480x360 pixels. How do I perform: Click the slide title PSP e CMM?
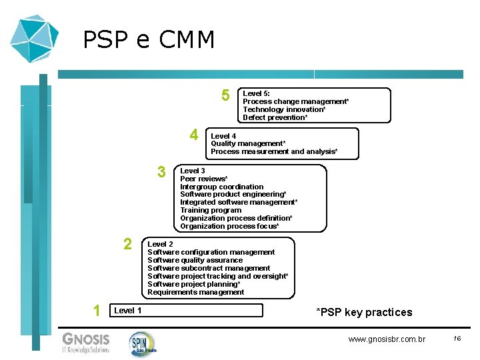tap(149, 41)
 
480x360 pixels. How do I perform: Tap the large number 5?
tap(226, 96)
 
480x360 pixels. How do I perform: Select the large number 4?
tap(194, 135)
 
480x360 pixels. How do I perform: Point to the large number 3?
tap(161, 173)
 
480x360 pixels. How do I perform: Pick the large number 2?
tap(127, 244)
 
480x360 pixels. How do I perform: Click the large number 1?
tap(97, 310)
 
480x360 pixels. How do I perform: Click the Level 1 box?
tap(186, 310)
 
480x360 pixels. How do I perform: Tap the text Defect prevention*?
tap(275, 117)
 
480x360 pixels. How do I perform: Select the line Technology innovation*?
tap(284, 109)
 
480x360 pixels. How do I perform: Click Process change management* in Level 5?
tap(295, 101)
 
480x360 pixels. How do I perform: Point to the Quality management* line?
tap(248, 143)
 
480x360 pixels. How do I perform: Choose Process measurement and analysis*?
tap(274, 151)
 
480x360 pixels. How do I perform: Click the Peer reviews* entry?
tap(204, 179)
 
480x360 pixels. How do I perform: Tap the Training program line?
tap(211, 210)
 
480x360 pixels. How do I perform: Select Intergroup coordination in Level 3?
tap(221, 187)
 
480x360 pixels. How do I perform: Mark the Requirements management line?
tap(195, 292)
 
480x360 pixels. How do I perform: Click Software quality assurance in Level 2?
tap(195, 260)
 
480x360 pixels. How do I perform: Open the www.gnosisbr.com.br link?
tap(387, 339)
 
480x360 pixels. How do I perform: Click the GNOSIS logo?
tap(85, 341)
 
